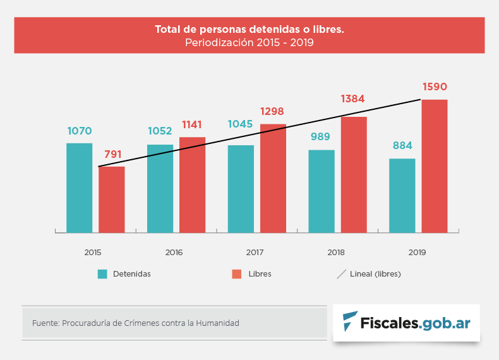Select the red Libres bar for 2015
pos(112,200)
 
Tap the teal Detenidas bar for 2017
pos(241,189)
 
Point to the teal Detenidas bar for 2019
pos(402,195)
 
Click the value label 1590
pos(435,87)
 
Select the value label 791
pos(112,153)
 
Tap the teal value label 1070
pos(80,131)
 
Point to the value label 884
pos(402,146)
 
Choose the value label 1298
pos(273,111)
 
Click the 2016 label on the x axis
pos(174,253)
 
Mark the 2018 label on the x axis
pos(336,253)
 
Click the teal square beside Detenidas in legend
pos(102,274)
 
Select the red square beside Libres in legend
pos(237,274)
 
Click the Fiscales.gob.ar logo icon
pos(349,321)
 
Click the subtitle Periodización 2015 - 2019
pos(249,43)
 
